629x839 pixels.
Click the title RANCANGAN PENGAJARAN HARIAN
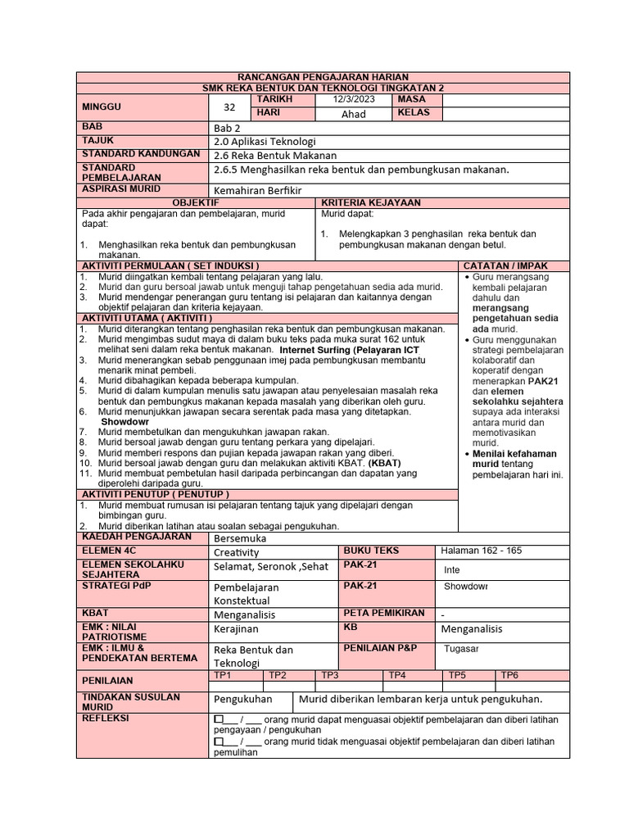pos(316,77)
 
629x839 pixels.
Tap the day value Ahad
pos(353,115)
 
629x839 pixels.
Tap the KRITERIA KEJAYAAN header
pos(371,202)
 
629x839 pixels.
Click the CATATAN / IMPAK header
pos(505,266)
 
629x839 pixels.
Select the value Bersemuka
pos(239,539)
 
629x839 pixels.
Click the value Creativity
pos(236,553)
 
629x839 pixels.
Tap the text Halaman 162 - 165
pos(481,551)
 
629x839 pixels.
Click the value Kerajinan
pos(237,628)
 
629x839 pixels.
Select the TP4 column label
pos(397,675)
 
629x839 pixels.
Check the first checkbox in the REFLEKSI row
pos(219,719)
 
